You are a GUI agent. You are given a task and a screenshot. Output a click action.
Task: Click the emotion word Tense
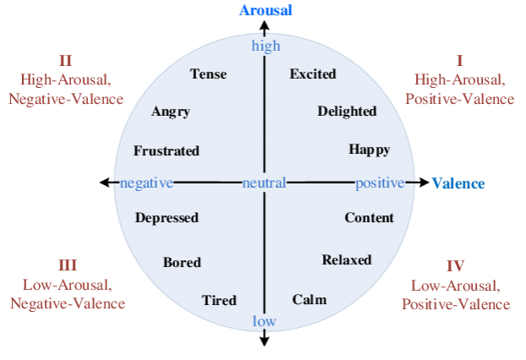(x=208, y=74)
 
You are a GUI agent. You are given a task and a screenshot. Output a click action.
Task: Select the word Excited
(x=313, y=74)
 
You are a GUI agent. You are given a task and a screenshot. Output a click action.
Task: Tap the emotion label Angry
(x=171, y=112)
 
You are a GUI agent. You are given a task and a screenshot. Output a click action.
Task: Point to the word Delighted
(x=347, y=112)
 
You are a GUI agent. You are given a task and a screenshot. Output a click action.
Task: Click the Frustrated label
(x=167, y=151)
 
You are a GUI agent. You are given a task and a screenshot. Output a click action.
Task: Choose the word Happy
(x=370, y=150)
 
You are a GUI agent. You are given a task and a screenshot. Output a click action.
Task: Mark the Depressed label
(x=167, y=218)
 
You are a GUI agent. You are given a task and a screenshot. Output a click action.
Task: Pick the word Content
(x=369, y=218)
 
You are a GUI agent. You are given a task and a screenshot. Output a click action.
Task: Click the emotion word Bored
(x=182, y=262)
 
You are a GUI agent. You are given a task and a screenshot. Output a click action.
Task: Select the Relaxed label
(x=347, y=259)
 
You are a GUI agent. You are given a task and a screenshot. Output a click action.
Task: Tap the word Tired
(x=219, y=300)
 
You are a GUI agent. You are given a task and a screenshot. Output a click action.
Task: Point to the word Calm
(x=310, y=300)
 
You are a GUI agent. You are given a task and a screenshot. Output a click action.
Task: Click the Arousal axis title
(x=266, y=11)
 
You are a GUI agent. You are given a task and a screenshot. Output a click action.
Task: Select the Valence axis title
(x=458, y=183)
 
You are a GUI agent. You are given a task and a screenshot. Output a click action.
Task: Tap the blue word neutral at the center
(x=264, y=183)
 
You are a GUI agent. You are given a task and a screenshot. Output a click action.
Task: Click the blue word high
(x=266, y=46)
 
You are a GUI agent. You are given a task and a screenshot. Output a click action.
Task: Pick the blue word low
(x=265, y=321)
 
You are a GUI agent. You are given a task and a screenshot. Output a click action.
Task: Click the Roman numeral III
(x=68, y=265)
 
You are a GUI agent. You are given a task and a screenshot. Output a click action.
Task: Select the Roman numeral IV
(x=456, y=265)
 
